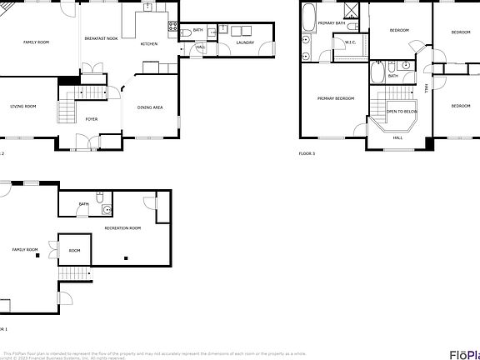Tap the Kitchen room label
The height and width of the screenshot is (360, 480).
[x=149, y=43]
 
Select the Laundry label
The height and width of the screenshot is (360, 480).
[x=244, y=42]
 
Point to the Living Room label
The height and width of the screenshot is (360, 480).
[x=22, y=107]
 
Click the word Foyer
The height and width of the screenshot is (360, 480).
[x=92, y=119]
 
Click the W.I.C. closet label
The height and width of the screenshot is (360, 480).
[x=350, y=43]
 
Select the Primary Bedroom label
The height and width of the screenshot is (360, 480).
[x=335, y=98]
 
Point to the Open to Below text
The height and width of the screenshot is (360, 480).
[x=401, y=111]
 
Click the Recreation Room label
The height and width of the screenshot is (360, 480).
[x=122, y=227]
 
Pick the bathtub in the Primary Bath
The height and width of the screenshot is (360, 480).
[x=307, y=17]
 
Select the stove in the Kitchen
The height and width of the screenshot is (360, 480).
[x=172, y=26]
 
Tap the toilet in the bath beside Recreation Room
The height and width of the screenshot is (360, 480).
[x=99, y=198]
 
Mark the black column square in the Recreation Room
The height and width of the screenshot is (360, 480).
[x=125, y=260]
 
